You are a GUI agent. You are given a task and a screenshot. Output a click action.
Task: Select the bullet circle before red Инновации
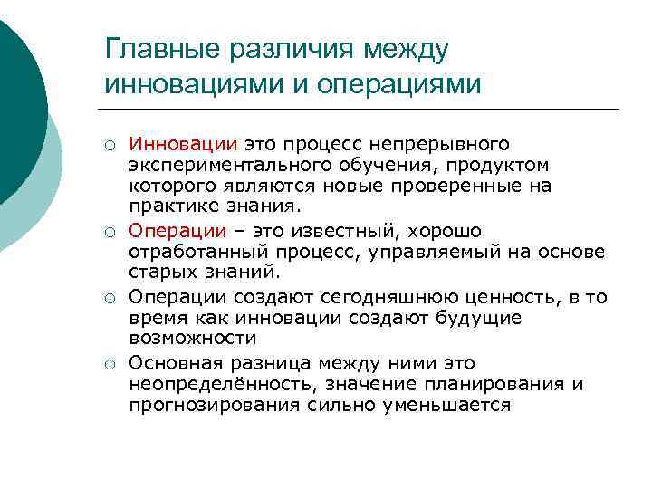108,145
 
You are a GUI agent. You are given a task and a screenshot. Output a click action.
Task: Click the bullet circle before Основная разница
108,362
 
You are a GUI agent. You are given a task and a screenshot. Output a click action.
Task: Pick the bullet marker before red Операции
108,232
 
